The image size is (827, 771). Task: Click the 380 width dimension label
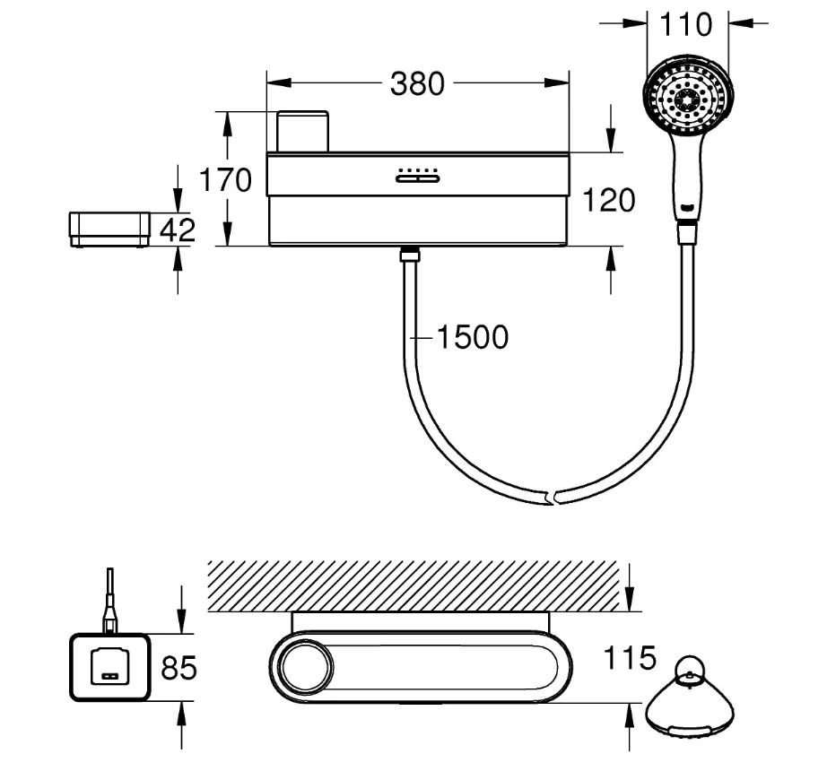[417, 83]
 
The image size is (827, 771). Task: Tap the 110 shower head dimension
[686, 24]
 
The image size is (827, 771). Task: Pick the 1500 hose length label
[472, 337]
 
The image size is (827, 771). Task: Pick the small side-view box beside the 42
[109, 229]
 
